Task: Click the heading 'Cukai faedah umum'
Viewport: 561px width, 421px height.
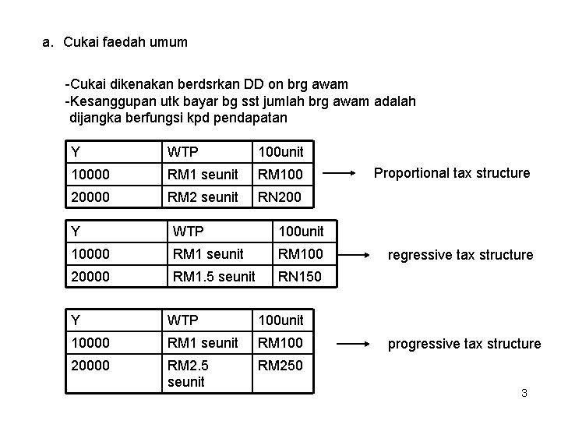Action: [125, 42]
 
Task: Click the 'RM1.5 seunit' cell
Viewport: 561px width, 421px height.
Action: [213, 276]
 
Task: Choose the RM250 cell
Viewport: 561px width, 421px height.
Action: [280, 365]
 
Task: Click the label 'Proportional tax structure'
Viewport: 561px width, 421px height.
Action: [452, 173]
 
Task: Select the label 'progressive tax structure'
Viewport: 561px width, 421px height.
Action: [465, 343]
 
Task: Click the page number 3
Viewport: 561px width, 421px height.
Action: [524, 393]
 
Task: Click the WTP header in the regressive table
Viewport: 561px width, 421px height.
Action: [187, 232]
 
